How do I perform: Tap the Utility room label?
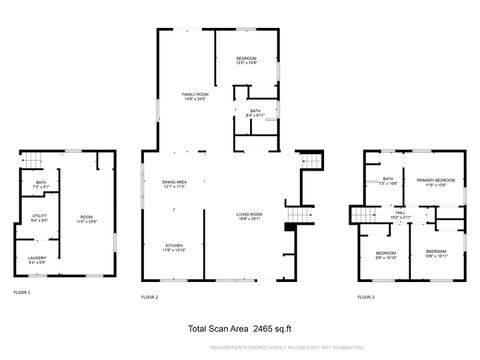(x=40, y=217)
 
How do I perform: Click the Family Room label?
(x=194, y=95)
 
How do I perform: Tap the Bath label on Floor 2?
(x=256, y=114)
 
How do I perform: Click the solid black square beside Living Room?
(x=289, y=228)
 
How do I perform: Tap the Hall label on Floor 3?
(x=400, y=213)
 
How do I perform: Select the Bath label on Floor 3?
(x=388, y=182)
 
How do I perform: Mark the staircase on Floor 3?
(x=359, y=215)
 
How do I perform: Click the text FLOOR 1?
(x=22, y=292)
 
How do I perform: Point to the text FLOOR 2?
(x=150, y=297)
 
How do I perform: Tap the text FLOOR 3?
(x=366, y=297)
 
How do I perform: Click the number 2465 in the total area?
(x=263, y=327)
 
